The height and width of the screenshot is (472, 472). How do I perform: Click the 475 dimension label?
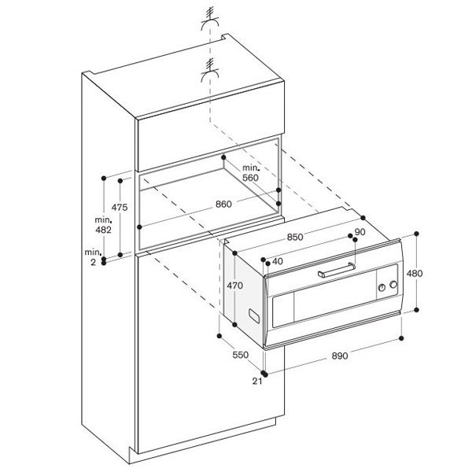click(x=120, y=208)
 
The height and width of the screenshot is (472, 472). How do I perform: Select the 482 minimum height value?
click(x=103, y=230)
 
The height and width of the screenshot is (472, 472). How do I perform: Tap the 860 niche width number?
click(x=223, y=205)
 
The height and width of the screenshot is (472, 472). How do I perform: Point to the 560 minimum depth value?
click(x=250, y=178)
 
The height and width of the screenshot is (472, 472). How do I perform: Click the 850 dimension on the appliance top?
click(x=295, y=238)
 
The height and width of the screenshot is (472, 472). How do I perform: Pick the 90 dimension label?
click(x=360, y=232)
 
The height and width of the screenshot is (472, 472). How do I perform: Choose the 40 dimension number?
click(x=277, y=261)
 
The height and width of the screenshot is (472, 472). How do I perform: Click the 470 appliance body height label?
click(x=234, y=286)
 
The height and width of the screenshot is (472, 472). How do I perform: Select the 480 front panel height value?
click(x=415, y=273)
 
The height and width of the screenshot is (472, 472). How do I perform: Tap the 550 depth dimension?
click(x=241, y=355)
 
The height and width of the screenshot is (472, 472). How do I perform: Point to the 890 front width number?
click(x=340, y=356)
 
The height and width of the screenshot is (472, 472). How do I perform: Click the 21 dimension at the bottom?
click(x=257, y=382)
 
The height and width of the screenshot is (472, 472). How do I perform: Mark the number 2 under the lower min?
click(x=94, y=263)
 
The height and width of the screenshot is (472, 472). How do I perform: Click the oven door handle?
click(x=337, y=271)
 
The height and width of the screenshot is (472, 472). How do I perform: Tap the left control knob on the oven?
click(x=382, y=287)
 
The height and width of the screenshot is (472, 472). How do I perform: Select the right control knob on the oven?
click(x=393, y=285)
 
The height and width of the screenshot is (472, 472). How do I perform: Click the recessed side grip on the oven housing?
click(x=254, y=316)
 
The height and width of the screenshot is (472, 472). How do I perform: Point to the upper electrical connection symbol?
click(x=210, y=20)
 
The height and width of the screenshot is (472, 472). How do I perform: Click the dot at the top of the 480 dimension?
click(x=417, y=234)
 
